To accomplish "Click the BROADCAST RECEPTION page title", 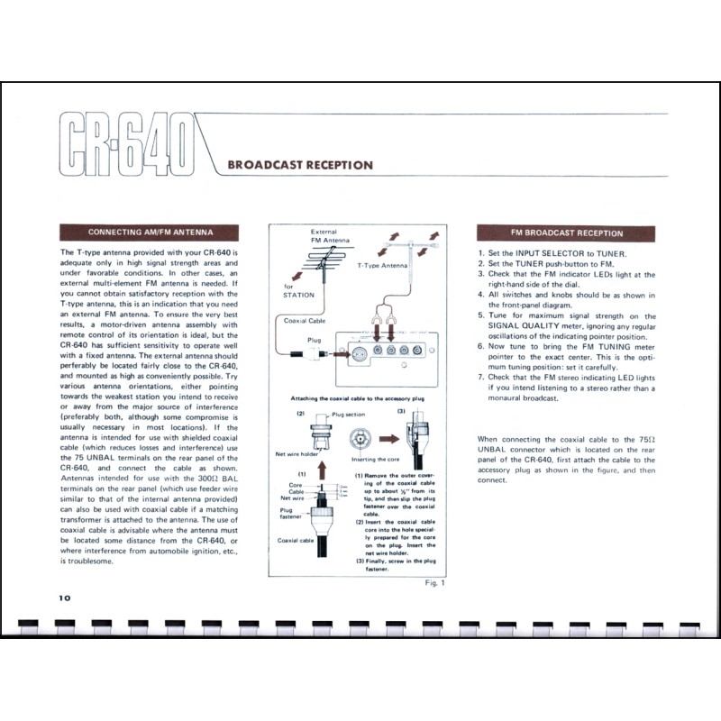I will (x=300, y=165).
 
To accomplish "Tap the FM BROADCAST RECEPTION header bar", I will (x=567, y=233).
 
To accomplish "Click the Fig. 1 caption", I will (x=434, y=583).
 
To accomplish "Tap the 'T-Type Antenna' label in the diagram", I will (x=381, y=266).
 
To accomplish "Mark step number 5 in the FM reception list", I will (x=481, y=316).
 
